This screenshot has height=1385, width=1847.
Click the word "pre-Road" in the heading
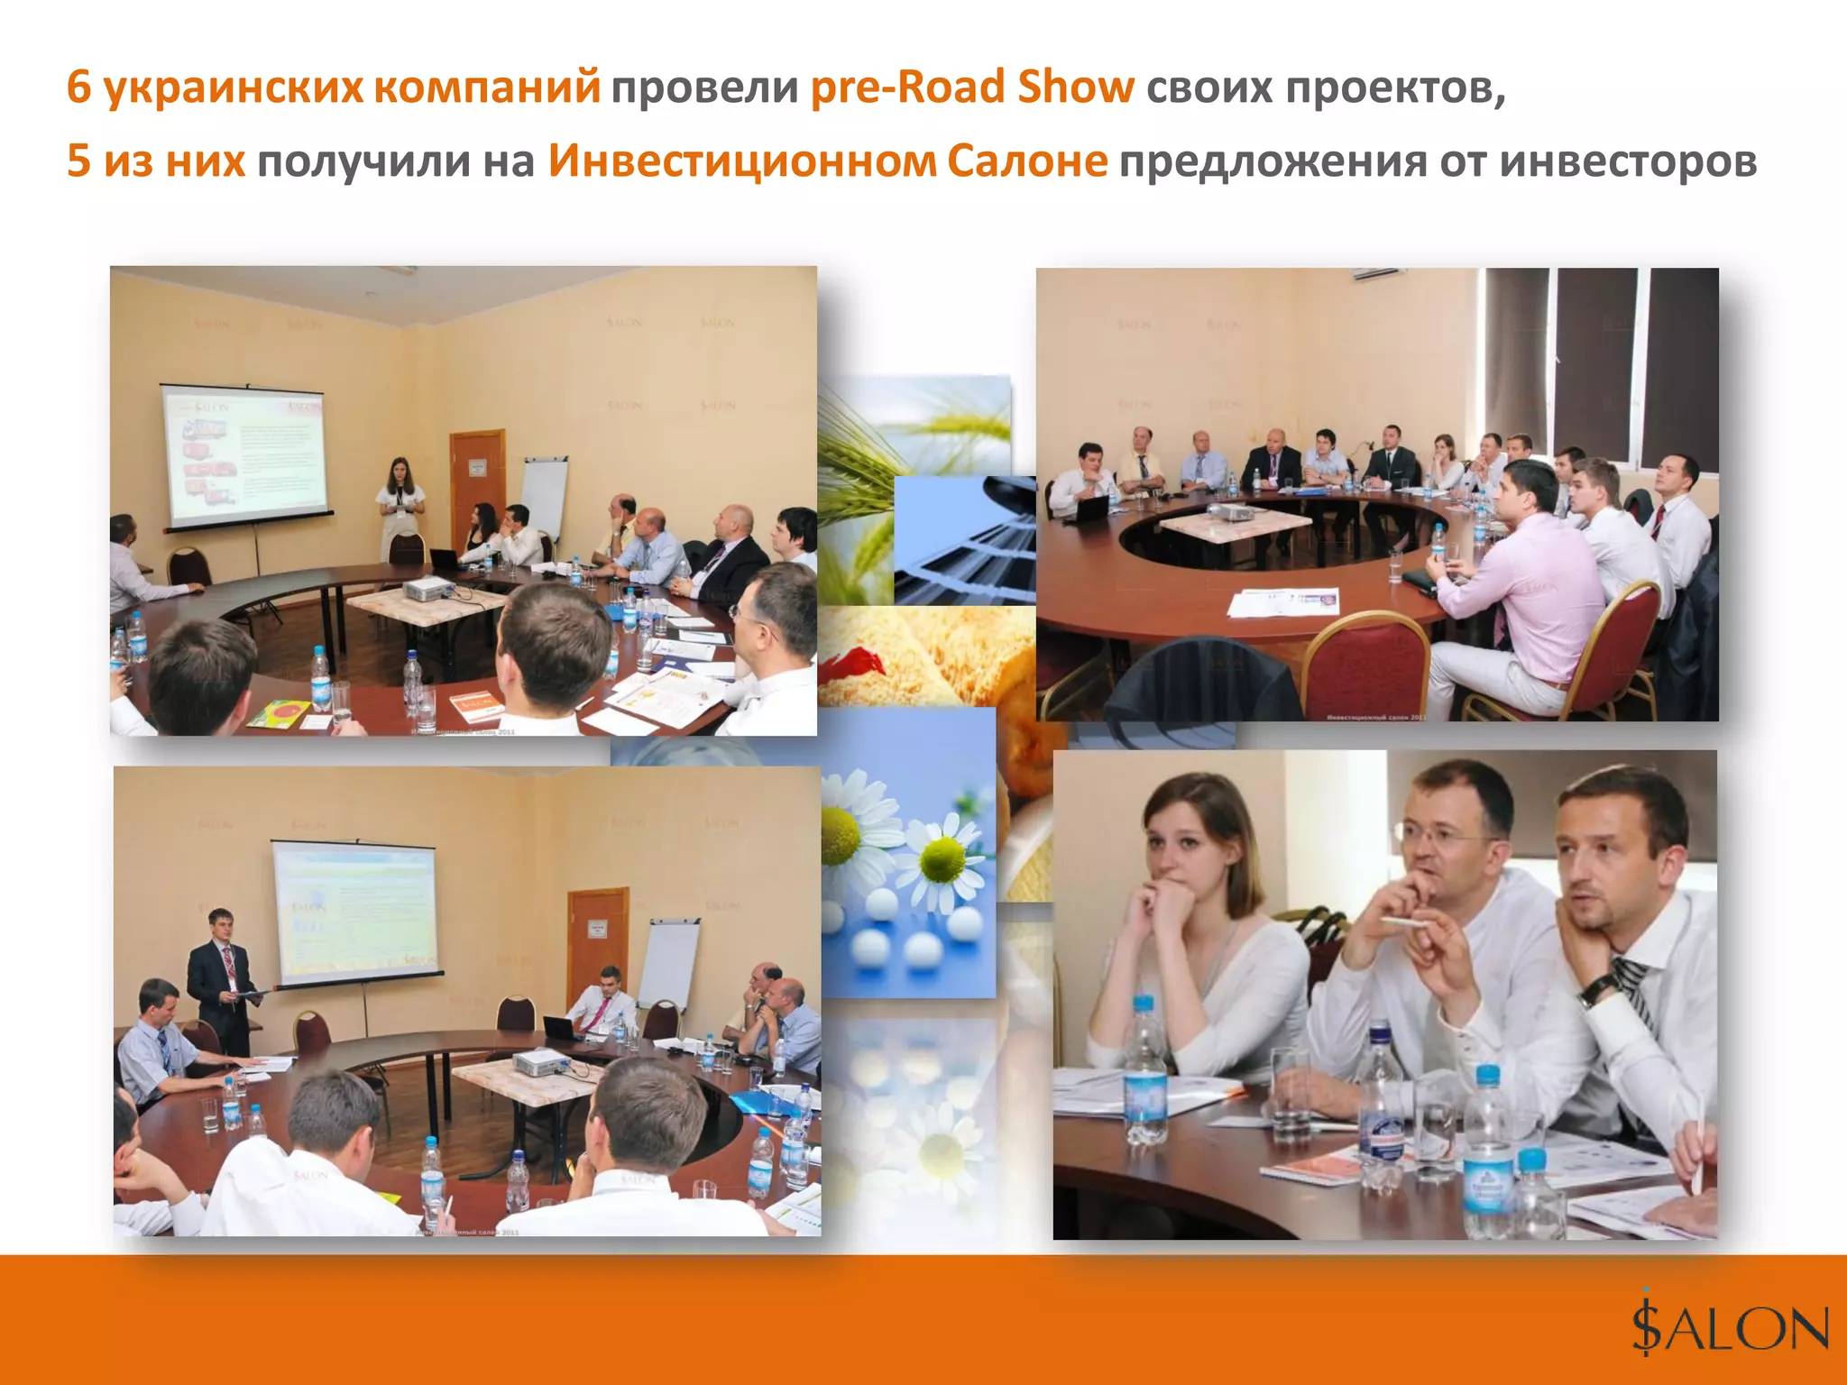[x=906, y=87]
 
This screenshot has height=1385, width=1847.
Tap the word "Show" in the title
[x=1075, y=87]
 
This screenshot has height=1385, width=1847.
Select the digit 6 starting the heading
[x=79, y=87]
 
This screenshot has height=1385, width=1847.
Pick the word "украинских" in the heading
[x=233, y=87]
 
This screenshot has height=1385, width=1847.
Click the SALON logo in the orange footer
[x=1729, y=1328]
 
